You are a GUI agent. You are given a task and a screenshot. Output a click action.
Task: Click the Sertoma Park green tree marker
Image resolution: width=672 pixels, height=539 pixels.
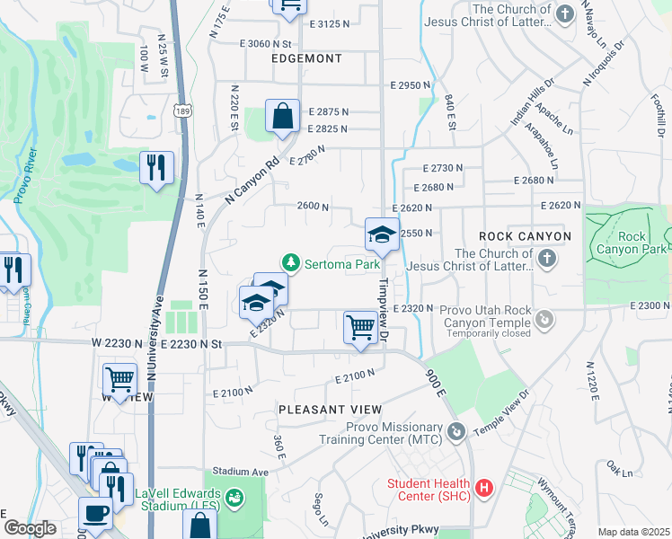(290, 263)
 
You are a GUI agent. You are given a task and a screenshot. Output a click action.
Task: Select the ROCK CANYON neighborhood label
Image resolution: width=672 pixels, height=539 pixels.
(525, 236)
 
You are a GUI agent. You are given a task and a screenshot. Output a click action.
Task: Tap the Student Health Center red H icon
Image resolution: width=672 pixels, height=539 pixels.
(484, 489)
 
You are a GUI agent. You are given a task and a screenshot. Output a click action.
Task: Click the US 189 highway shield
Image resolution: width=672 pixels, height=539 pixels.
(181, 110)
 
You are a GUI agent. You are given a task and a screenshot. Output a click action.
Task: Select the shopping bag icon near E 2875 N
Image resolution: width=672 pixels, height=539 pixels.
(282, 117)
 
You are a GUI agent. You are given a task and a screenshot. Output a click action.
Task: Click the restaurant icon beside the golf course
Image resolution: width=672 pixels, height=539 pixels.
(157, 167)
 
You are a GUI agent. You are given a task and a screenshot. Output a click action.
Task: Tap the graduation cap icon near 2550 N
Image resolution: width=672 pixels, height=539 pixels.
(382, 235)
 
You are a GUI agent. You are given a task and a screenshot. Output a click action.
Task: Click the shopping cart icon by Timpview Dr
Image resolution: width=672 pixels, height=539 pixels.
(360, 327)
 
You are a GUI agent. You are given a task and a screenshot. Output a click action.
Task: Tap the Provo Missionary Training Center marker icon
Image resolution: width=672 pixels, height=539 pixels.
(457, 433)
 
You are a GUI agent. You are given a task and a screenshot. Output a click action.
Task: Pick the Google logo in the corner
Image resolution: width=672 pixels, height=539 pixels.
(30, 528)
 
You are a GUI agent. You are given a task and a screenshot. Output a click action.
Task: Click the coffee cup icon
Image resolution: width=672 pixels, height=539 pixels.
(95, 514)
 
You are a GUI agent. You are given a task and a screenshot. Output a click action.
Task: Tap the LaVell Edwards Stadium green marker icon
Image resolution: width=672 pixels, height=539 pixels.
(234, 497)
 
